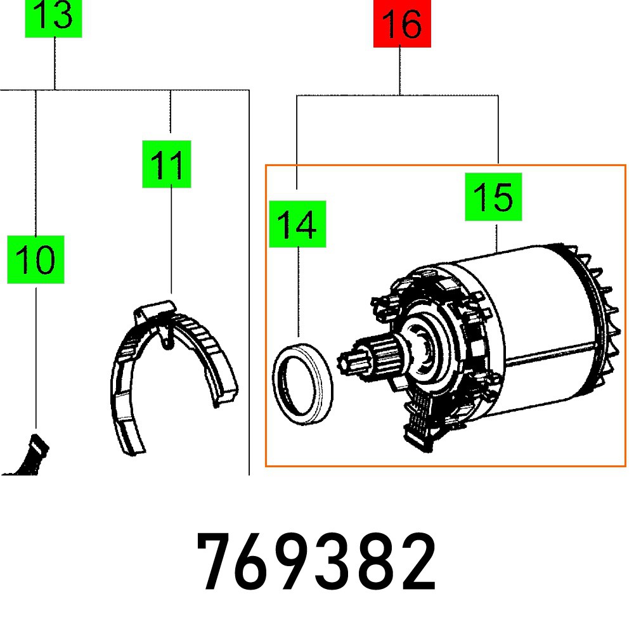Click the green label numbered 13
coord(53,18)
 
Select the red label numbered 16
coord(401,23)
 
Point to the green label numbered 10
coord(36,259)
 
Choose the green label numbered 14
coord(297,224)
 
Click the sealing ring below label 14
coord(304,382)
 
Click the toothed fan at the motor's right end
coord(599,317)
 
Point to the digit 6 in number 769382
coord(257,562)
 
